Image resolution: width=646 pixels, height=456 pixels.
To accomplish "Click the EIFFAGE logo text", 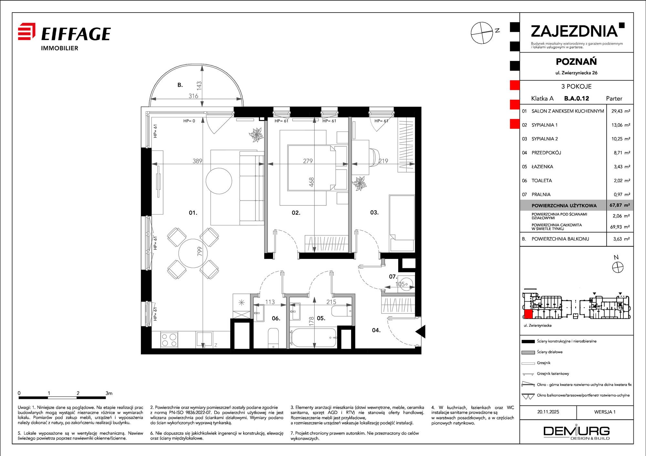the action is (x=76, y=34).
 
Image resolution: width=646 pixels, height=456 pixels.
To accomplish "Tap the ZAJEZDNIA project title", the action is (x=574, y=31).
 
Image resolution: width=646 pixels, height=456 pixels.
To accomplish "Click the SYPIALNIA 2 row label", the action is (x=545, y=139).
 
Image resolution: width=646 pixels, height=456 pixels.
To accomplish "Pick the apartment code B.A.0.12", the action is (x=577, y=98).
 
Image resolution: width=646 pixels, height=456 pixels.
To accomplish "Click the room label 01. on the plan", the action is (x=193, y=213).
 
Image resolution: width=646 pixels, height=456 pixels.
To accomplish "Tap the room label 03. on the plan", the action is (x=374, y=212).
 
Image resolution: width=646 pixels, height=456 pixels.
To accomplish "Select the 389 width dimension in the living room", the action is (x=197, y=161).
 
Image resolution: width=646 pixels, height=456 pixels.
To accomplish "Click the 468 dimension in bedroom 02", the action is (x=311, y=182).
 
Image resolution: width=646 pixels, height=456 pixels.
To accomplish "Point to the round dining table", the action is (x=193, y=253).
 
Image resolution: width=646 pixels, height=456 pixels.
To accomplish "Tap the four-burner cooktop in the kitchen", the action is (x=169, y=340).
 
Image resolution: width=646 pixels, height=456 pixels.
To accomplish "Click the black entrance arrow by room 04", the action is (x=420, y=332).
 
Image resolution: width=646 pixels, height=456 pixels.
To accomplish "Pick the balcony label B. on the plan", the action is (x=180, y=85).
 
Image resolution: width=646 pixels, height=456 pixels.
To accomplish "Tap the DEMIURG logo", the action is (x=577, y=432).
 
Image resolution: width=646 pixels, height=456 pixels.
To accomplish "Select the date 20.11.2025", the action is (x=548, y=412).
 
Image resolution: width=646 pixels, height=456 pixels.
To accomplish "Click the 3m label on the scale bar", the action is (x=109, y=393).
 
